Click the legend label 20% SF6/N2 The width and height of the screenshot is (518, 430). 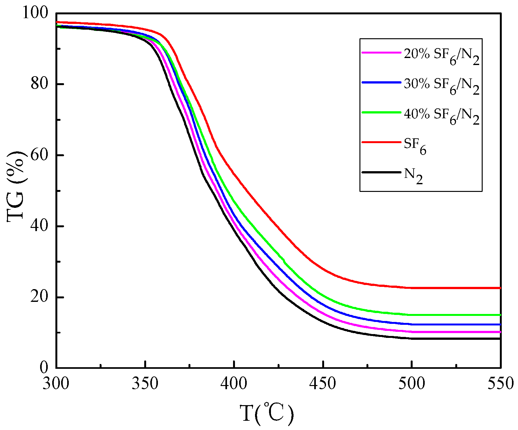pos(441,55)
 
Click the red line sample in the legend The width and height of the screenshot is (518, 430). pos(381,142)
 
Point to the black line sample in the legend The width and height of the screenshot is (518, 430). pos(381,172)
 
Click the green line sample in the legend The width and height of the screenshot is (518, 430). pos(381,112)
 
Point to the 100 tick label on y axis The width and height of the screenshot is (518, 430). pos(35,13)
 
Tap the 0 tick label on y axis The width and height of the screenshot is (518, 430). pos(44,368)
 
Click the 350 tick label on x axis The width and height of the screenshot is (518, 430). pos(145,383)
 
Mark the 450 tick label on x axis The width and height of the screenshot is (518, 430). pos(323,383)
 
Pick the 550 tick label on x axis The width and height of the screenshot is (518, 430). pos(500,383)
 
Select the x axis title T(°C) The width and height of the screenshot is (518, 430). pos(267,414)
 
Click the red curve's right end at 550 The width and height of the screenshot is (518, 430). pos(500,288)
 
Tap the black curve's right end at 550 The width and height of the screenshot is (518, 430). pos(500,339)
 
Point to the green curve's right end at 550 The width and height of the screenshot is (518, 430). pos(500,315)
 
